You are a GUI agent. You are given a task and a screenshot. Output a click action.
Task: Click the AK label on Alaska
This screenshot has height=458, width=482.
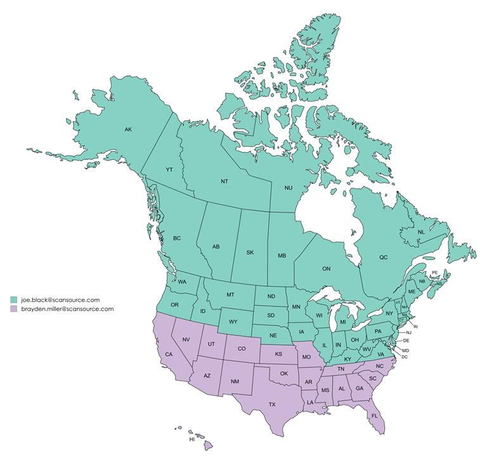(x=128, y=130)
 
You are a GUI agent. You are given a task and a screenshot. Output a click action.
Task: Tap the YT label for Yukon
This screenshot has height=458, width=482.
(x=169, y=170)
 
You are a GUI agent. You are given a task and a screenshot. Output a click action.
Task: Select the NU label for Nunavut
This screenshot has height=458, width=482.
(x=288, y=188)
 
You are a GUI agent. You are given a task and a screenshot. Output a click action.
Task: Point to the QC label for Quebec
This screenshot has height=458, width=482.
(x=383, y=258)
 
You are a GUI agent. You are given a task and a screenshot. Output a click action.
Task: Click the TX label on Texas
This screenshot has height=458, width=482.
(x=272, y=404)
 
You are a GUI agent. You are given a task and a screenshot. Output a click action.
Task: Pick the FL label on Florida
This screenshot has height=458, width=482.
(x=374, y=416)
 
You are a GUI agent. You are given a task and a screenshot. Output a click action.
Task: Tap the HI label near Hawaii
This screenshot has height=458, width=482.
(x=191, y=439)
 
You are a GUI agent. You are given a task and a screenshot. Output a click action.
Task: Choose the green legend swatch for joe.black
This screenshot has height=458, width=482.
(x=13, y=299)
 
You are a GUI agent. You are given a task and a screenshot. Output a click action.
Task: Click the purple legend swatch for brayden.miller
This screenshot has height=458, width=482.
(x=13, y=309)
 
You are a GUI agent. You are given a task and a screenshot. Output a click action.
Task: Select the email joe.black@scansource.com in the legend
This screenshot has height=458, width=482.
(x=60, y=299)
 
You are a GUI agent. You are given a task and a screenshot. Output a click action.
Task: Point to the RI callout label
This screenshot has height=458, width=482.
(x=417, y=327)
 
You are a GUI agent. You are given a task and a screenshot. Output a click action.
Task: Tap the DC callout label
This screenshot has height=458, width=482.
(x=405, y=357)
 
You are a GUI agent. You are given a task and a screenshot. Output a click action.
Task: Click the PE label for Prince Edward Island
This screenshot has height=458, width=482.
(x=434, y=273)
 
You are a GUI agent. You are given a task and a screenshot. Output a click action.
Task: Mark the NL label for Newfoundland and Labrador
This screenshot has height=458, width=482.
(x=420, y=232)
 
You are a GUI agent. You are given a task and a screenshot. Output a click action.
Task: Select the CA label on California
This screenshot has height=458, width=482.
(x=169, y=354)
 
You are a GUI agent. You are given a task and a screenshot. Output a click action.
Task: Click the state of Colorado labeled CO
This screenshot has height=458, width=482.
(x=241, y=348)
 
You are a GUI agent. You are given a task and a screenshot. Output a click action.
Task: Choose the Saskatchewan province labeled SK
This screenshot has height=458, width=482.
(x=250, y=252)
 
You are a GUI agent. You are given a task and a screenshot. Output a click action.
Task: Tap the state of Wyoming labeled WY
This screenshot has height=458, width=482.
(x=233, y=321)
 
